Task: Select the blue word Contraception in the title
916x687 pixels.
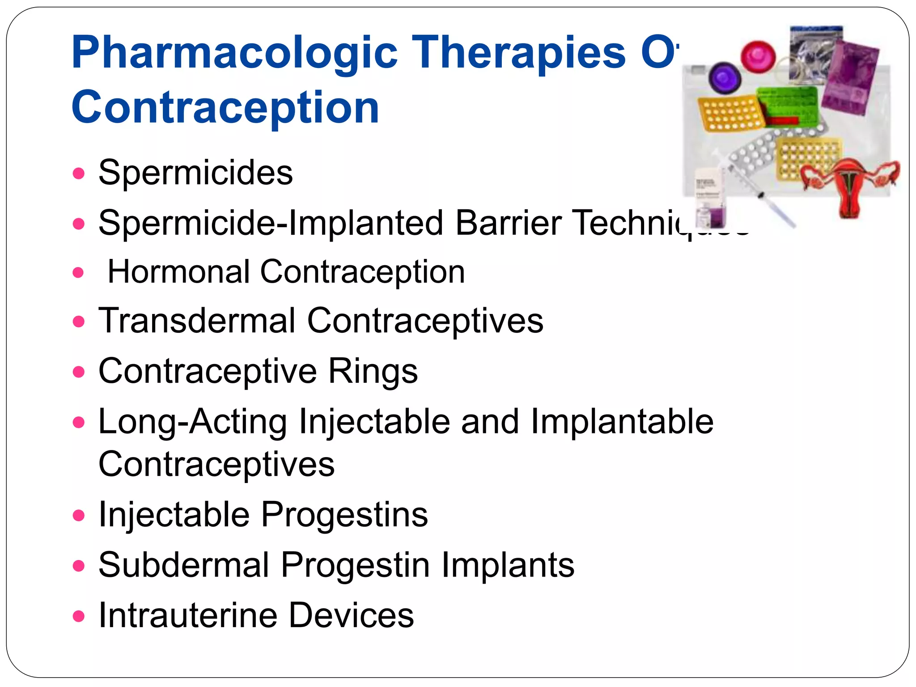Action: pos(225,107)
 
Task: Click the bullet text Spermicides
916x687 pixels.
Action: pos(195,173)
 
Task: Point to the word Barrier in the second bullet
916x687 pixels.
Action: pos(509,223)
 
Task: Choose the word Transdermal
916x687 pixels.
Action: pos(197,321)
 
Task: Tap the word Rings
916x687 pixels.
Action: pos(373,371)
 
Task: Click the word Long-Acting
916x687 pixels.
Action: pos(193,421)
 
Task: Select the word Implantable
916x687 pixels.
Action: pos(622,421)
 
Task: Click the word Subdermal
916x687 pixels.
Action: pos(184,565)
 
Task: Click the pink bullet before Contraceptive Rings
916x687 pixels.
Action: pos(79,372)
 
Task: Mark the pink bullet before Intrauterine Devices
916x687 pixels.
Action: pos(79,616)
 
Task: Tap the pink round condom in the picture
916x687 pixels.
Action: pos(758,55)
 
